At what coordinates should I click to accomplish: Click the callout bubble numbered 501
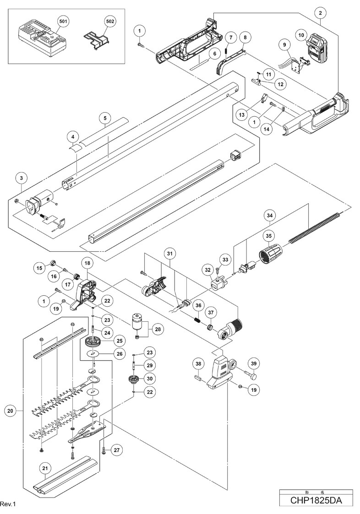[63, 22]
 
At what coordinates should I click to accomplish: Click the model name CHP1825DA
[316, 501]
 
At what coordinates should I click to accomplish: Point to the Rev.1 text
[8, 503]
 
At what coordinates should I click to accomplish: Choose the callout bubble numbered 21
[45, 468]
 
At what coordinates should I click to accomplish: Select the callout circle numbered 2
[320, 13]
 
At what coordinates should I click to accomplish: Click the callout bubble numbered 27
[116, 450]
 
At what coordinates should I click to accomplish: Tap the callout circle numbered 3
[22, 179]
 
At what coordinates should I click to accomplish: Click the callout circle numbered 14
[267, 129]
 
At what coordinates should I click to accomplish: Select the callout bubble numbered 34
[269, 216]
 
